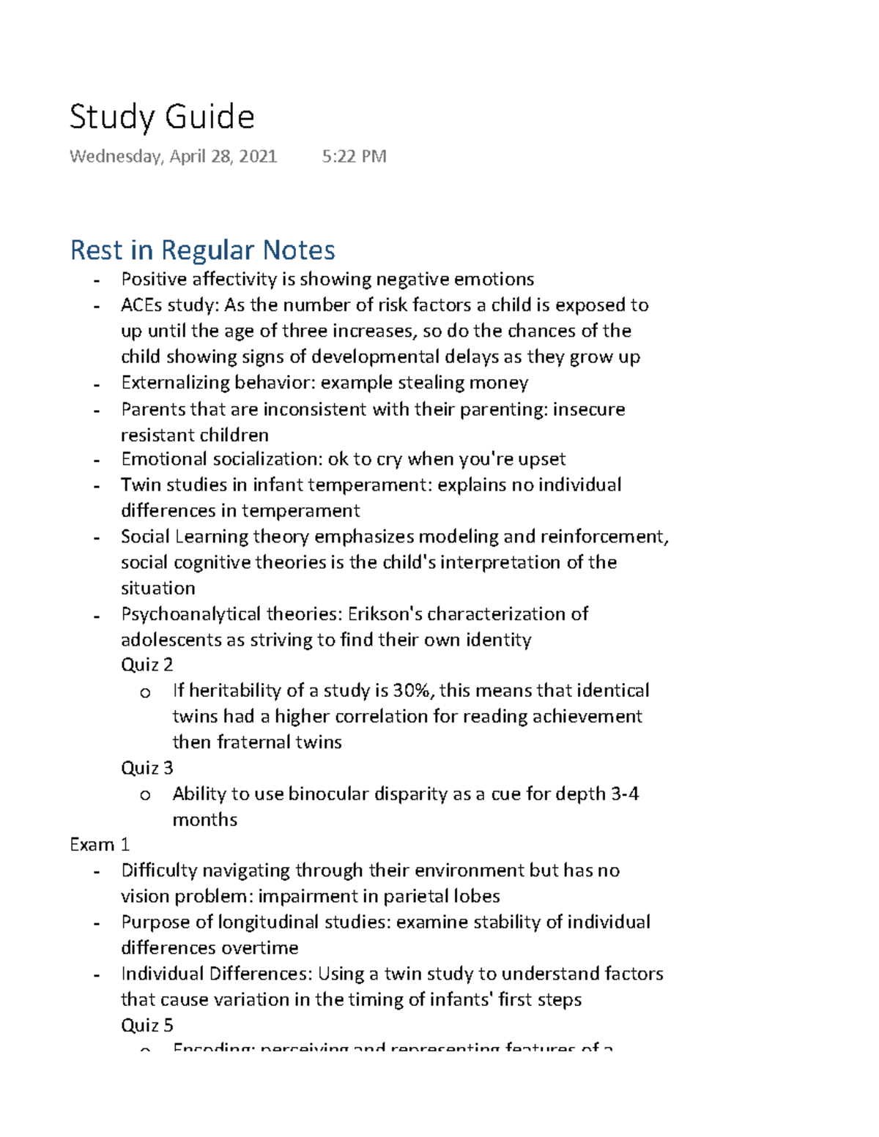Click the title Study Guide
pyautogui.click(x=162, y=117)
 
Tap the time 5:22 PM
pyautogui.click(x=354, y=157)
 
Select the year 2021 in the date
pyautogui.click(x=257, y=157)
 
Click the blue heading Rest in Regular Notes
pyautogui.click(x=202, y=250)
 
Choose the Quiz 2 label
pyautogui.click(x=146, y=665)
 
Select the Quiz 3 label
pyautogui.click(x=146, y=768)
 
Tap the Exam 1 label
pyautogui.click(x=99, y=845)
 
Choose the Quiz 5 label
pyautogui.click(x=146, y=1025)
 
